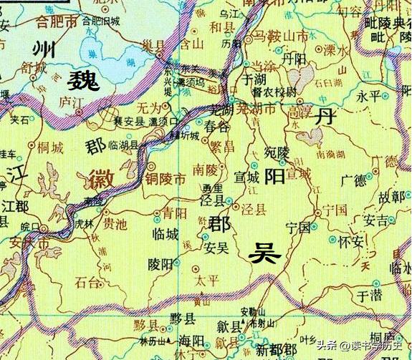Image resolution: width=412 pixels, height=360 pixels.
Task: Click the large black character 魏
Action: pos(83,80)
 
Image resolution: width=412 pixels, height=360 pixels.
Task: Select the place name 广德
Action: pos(353,180)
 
